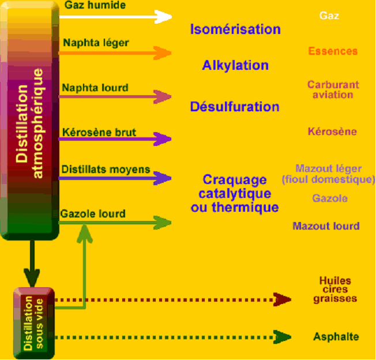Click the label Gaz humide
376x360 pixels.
click(95, 5)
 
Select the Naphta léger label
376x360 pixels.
click(96, 42)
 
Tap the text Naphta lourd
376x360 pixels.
click(95, 88)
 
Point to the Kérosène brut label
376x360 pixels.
click(99, 132)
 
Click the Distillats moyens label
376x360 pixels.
click(106, 170)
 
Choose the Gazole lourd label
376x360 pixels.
click(93, 213)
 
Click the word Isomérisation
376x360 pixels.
click(235, 29)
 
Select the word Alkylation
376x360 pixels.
click(235, 65)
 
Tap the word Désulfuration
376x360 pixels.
click(235, 107)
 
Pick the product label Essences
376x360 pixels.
click(333, 51)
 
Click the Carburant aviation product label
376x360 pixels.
click(333, 89)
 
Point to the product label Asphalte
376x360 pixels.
click(336, 337)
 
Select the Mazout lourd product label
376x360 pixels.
click(326, 226)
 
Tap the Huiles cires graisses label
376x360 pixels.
click(335, 290)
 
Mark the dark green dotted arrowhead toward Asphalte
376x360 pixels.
click(283, 336)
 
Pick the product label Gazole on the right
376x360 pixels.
click(330, 198)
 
